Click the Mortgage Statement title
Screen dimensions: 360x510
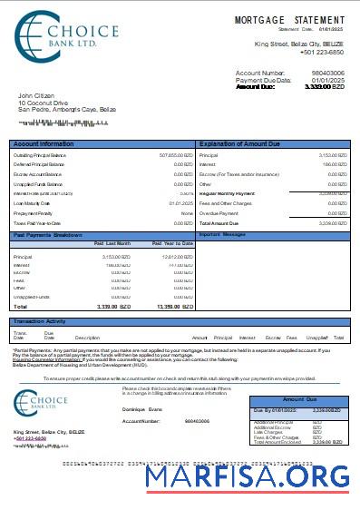click(x=289, y=19)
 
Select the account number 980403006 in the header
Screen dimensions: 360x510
click(x=328, y=72)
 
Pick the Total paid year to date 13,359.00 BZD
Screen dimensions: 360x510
click(x=173, y=307)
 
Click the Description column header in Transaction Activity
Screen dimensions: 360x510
click(x=87, y=338)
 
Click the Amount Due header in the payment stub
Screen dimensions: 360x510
click(x=298, y=399)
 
